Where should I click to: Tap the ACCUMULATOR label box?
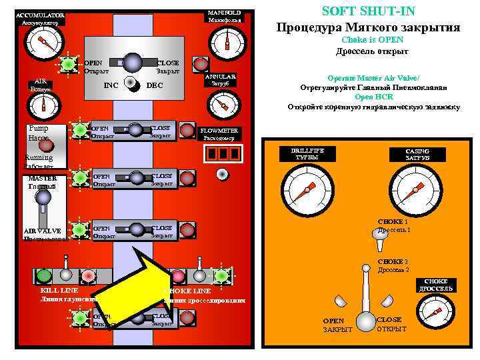pyautogui.click(x=40, y=18)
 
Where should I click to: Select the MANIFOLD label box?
pyautogui.click(x=225, y=16)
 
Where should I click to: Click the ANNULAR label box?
pyautogui.click(x=220, y=80)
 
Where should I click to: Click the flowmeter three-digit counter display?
pyautogui.click(x=221, y=154)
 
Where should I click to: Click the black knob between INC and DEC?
pyautogui.click(x=133, y=88)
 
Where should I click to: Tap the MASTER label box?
pyautogui.click(x=43, y=181)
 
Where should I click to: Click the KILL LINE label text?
pyautogui.click(x=60, y=291)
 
